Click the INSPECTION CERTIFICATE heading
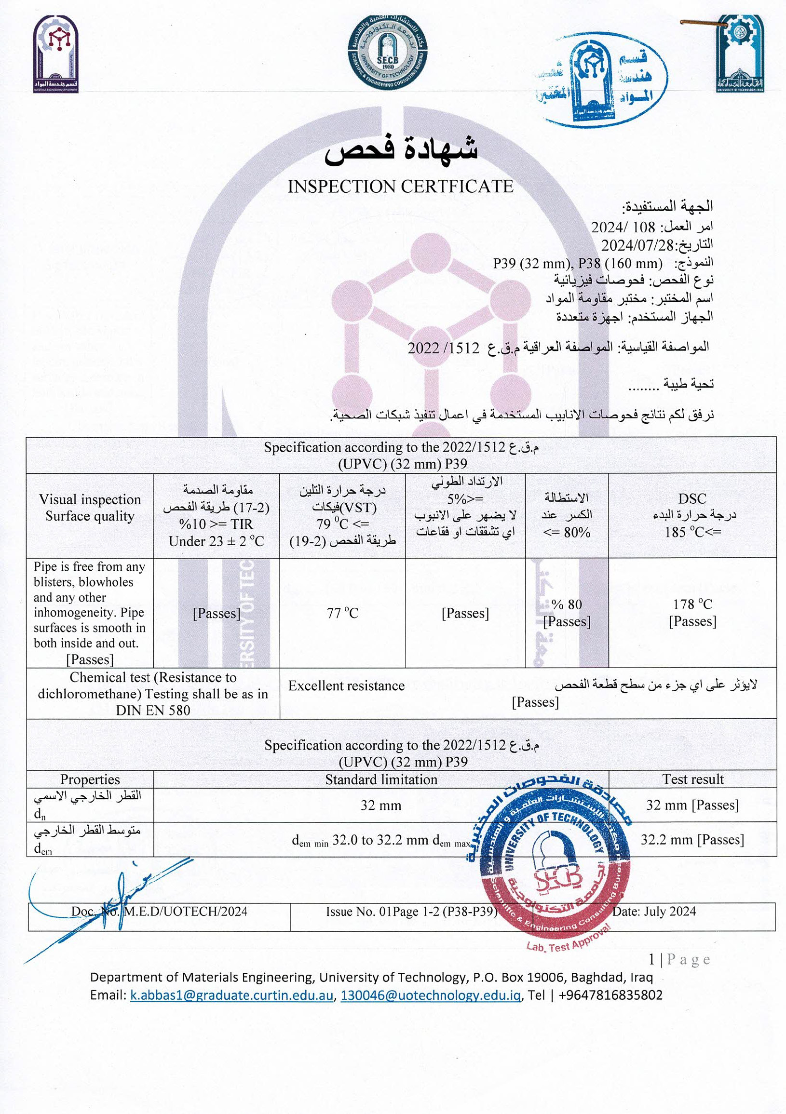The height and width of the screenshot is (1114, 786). tap(400, 187)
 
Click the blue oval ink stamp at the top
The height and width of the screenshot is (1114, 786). tap(602, 78)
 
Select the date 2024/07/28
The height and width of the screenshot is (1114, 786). tap(637, 245)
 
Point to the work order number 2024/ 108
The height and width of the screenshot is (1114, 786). tap(623, 227)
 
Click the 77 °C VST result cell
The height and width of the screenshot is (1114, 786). tap(342, 613)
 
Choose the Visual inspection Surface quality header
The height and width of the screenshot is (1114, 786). tap(90, 508)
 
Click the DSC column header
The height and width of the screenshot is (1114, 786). tap(692, 499)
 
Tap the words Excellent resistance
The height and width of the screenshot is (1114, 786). tap(346, 685)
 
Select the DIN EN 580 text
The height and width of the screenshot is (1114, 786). tap(153, 711)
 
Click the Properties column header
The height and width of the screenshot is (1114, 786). tap(90, 779)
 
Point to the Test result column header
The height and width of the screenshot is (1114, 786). tap(693, 779)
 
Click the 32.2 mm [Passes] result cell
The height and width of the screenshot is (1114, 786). tap(692, 839)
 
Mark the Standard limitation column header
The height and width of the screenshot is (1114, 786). tap(381, 779)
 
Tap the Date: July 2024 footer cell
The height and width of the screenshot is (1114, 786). tap(654, 911)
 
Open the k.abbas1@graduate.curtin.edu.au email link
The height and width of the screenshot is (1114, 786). tap(231, 995)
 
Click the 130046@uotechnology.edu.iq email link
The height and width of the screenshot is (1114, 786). tap(431, 995)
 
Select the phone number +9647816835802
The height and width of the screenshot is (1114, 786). tap(610, 995)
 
